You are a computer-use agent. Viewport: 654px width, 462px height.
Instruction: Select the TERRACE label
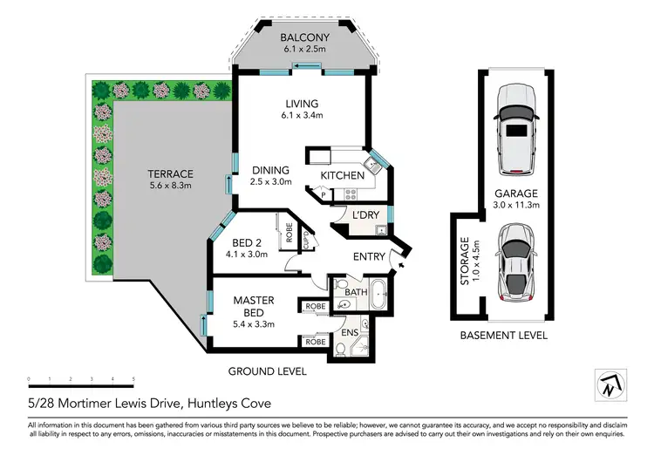click(x=171, y=173)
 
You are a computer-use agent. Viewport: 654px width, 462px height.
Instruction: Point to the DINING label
click(x=270, y=170)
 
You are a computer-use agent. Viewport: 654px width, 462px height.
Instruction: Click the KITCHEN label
click(x=342, y=176)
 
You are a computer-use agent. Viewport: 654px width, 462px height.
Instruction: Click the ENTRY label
click(x=369, y=256)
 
